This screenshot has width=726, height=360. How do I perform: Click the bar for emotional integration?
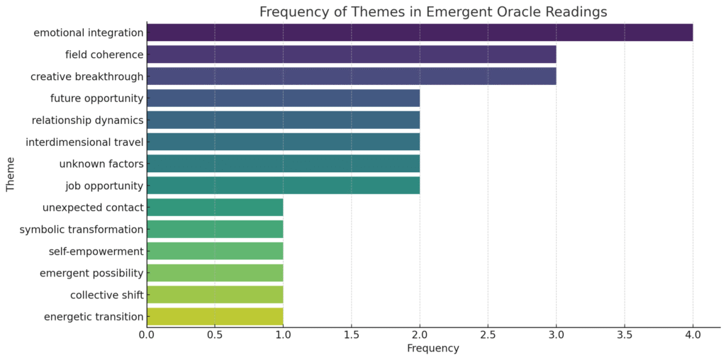[x=420, y=33]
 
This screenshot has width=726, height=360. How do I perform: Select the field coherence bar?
[x=352, y=55]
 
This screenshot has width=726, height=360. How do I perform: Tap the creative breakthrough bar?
[x=352, y=77]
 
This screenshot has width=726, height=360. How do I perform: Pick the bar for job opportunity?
[x=284, y=186]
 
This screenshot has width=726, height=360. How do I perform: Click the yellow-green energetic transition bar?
[x=216, y=317]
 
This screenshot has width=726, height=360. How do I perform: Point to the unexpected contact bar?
[x=216, y=208]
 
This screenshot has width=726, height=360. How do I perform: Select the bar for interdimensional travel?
[x=284, y=142]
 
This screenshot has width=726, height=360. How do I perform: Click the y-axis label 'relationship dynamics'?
[x=87, y=120]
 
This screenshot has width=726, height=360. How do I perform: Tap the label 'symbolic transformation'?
[x=82, y=230]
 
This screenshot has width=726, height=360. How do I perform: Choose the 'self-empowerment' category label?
[x=96, y=252]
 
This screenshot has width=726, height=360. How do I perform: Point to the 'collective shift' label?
[x=107, y=295]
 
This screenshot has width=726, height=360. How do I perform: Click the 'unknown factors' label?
[x=101, y=164]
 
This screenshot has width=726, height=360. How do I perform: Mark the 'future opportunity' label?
[x=96, y=98]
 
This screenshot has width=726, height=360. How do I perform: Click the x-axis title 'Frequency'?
[x=433, y=348]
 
